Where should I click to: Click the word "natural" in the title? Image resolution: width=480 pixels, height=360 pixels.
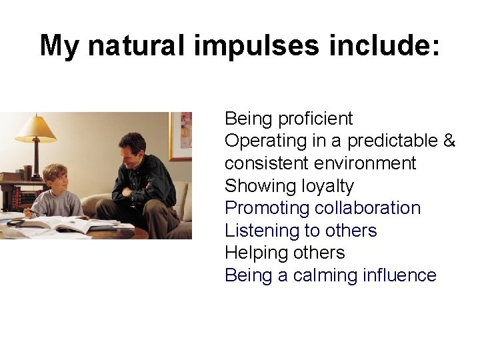(137, 45)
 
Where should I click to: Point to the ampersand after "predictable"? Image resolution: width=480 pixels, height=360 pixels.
(449, 141)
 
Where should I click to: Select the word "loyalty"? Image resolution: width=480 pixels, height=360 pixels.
(322, 186)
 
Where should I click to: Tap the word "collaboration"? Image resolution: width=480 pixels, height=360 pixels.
(367, 208)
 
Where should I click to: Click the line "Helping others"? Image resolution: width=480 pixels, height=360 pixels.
(285, 253)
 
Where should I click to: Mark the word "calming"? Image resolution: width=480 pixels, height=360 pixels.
(317, 275)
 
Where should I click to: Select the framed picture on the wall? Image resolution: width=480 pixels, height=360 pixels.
(181, 136)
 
